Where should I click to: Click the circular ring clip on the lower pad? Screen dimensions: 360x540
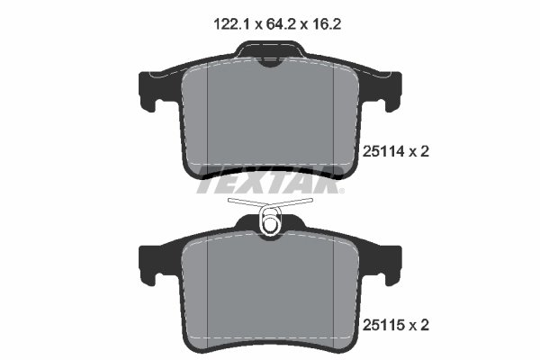click(269, 221)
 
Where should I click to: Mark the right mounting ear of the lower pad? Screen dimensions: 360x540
click(390, 260)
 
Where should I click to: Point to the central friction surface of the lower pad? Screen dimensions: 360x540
click(270, 288)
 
